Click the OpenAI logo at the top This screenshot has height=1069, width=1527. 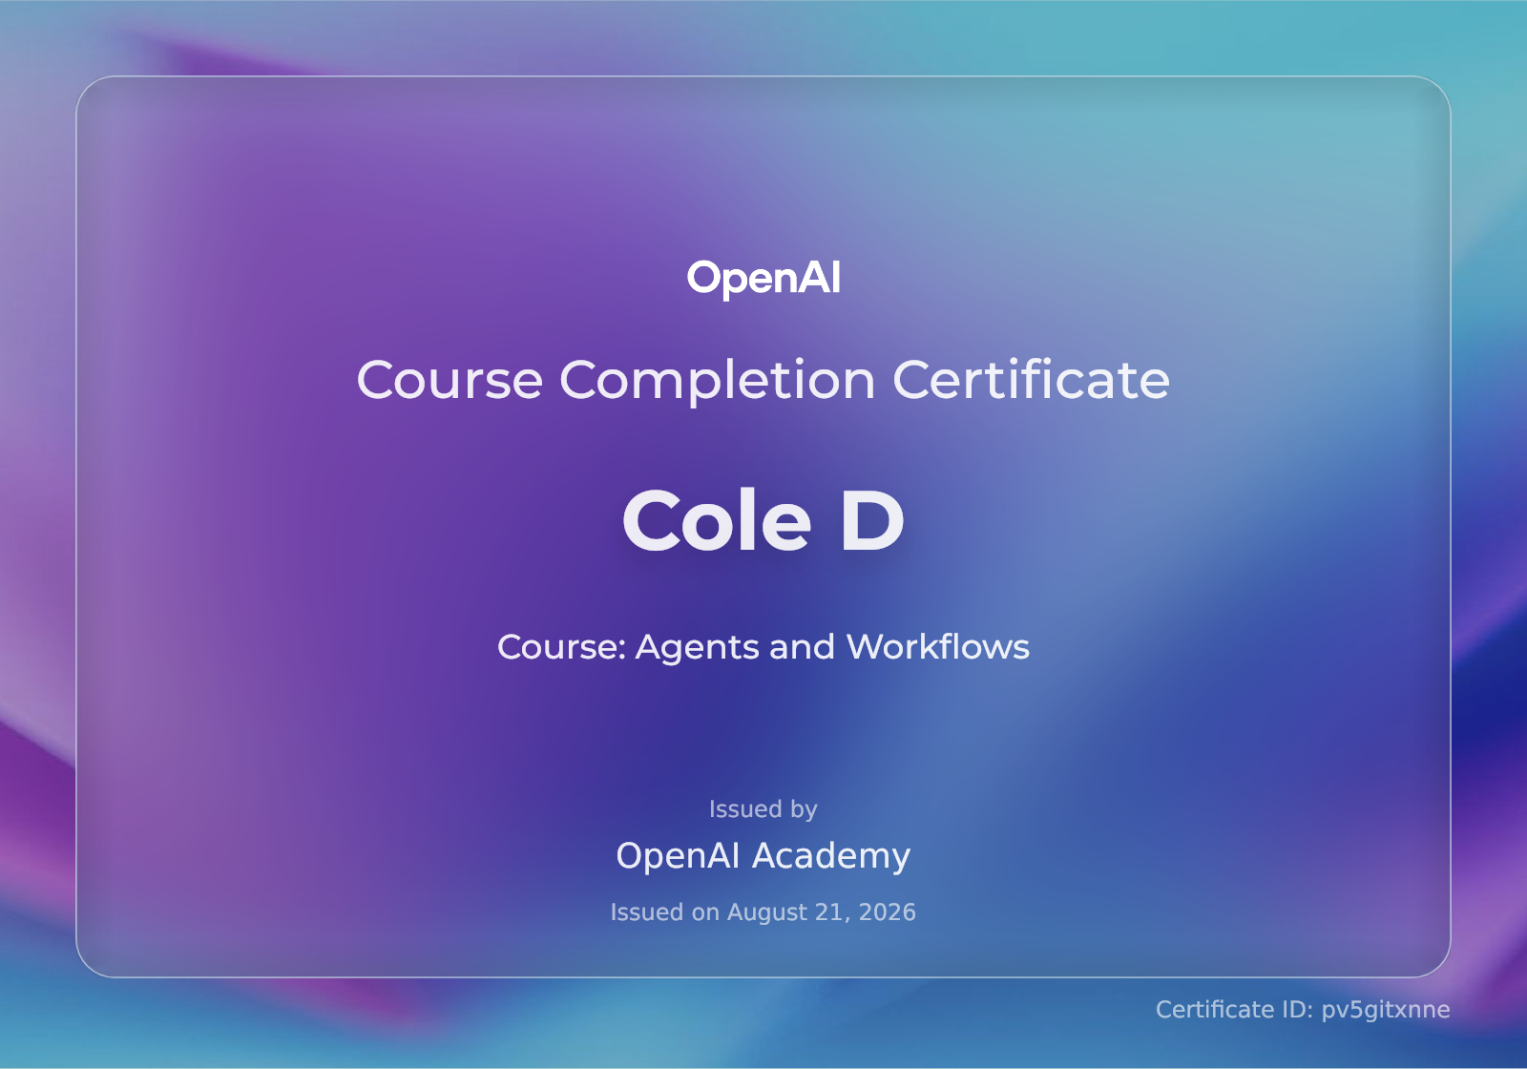point(763,279)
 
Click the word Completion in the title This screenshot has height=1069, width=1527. point(717,381)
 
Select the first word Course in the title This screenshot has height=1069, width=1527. point(450,381)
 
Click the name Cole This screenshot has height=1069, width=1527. point(717,521)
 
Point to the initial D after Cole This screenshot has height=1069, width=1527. point(872,521)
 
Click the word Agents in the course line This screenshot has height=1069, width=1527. point(697,648)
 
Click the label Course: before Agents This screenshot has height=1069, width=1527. point(562,647)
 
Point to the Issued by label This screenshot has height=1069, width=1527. point(763,809)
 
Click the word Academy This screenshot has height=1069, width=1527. point(831,856)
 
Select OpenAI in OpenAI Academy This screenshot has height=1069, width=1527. point(678,855)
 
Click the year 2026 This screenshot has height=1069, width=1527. point(887,912)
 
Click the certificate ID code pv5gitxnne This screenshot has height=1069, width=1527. point(1385,1011)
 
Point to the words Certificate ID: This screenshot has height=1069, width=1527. point(1235,1010)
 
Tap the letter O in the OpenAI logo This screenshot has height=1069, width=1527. point(702,278)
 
